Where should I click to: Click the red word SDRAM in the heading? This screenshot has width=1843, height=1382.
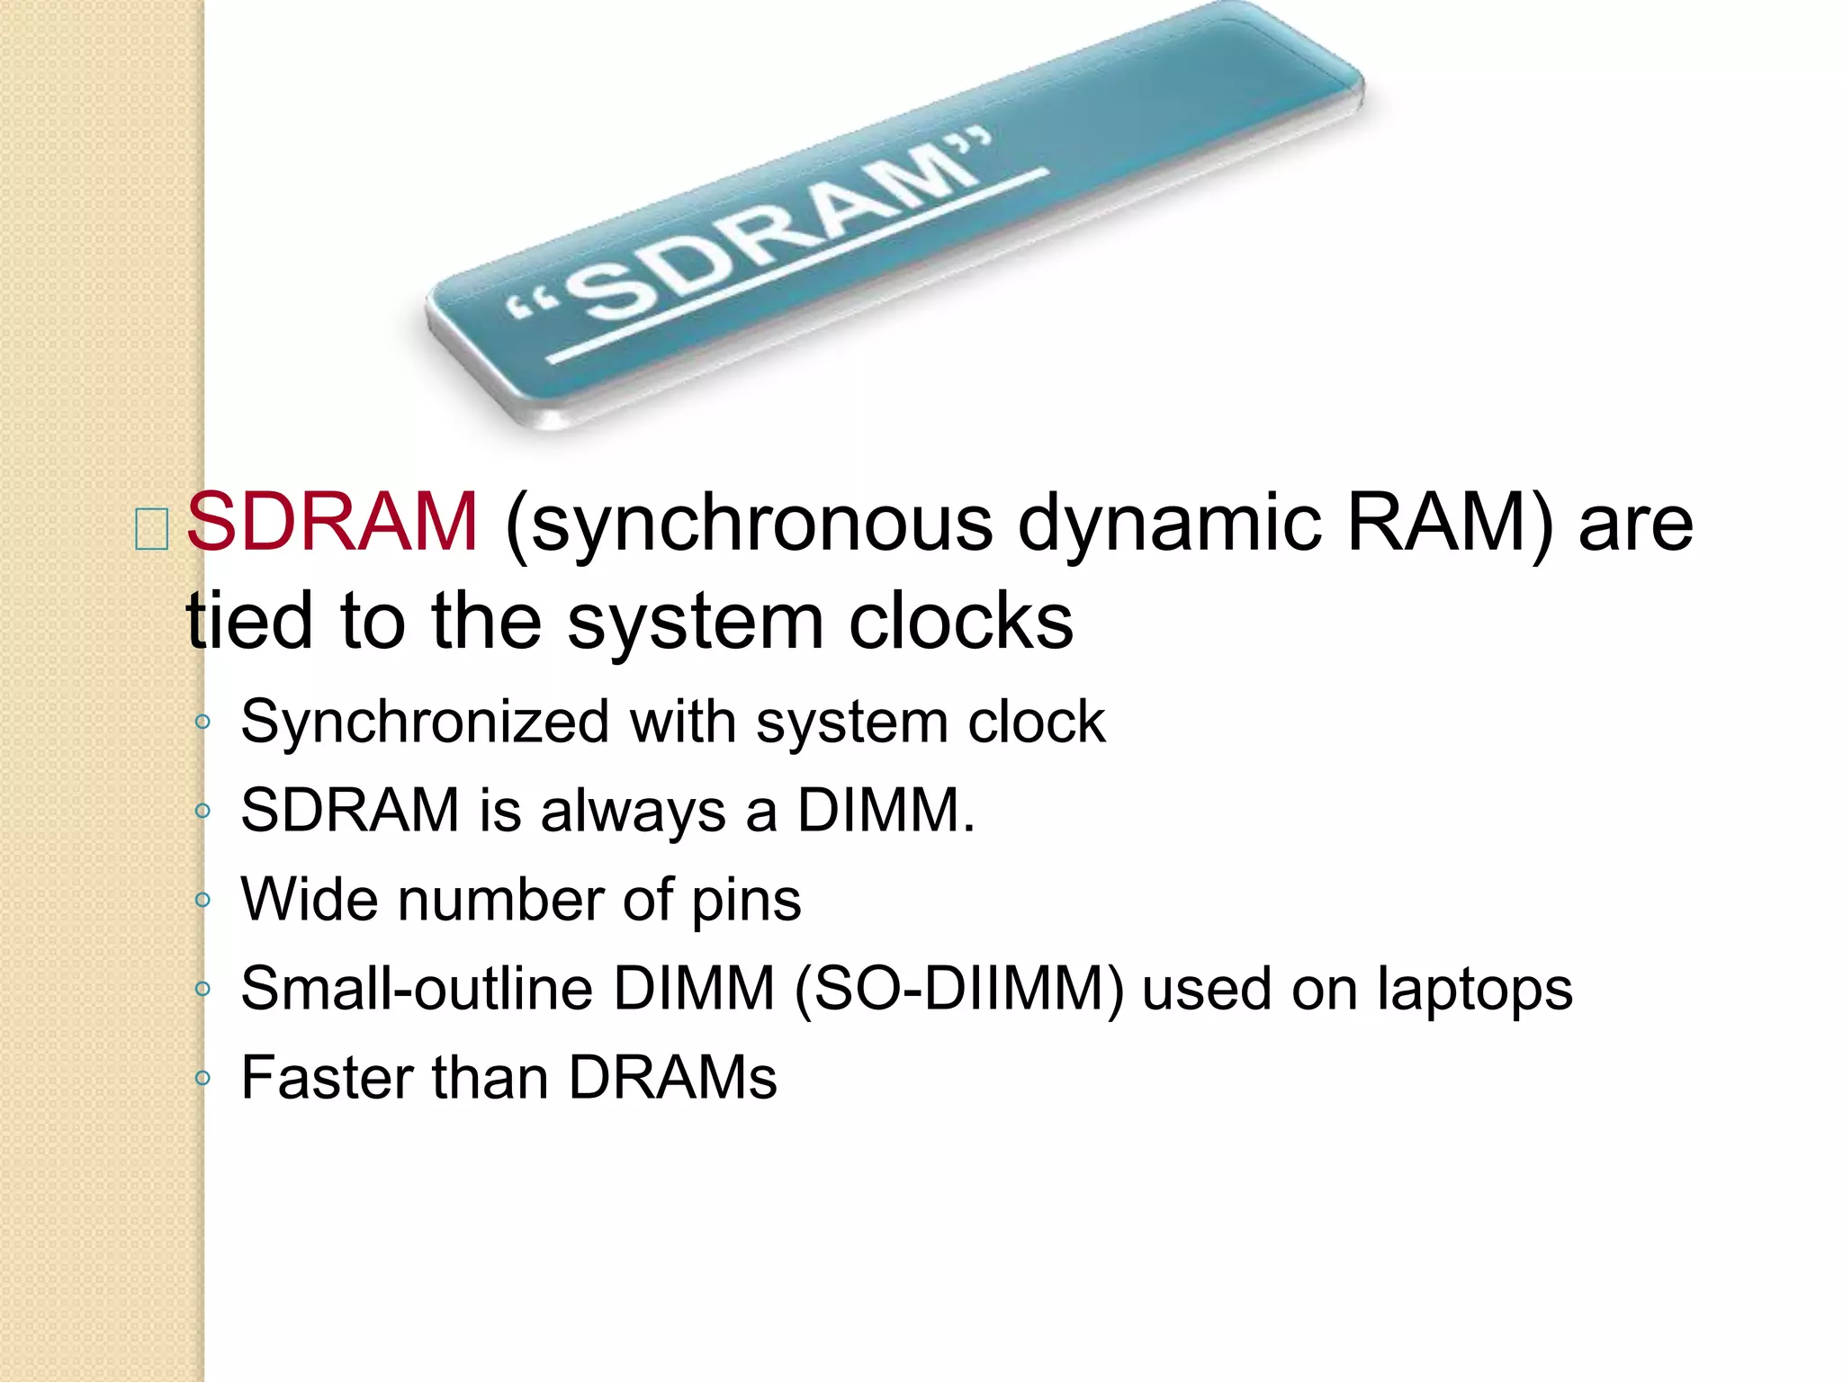tap(331, 522)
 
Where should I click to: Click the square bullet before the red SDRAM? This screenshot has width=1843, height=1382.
tap(150, 528)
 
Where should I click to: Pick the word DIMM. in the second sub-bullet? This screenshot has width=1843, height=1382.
tap(886, 810)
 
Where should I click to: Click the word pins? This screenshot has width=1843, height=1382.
tap(746, 902)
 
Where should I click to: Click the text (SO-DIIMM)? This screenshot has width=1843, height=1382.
tap(959, 990)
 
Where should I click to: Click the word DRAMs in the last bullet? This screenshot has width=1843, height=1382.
tap(672, 1077)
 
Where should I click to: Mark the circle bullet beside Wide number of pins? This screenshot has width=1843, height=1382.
tap(202, 900)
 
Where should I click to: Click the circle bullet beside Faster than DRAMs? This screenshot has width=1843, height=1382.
tap(202, 1077)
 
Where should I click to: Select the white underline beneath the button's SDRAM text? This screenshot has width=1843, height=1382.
tap(797, 266)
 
